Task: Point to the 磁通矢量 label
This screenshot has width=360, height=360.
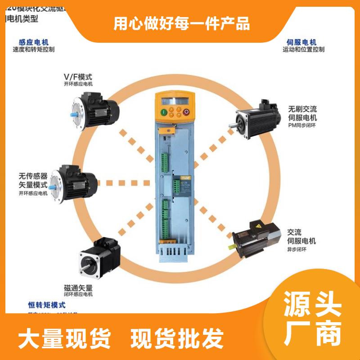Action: pyautogui.click(x=78, y=287)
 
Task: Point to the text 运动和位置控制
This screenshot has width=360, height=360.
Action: pyautogui.click(x=303, y=49)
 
